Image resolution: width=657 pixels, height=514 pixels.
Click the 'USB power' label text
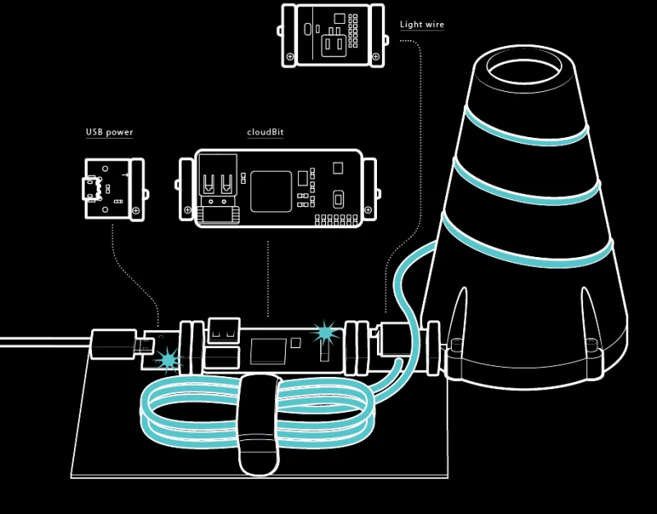tap(109, 132)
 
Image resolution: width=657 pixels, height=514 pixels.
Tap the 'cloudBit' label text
tap(265, 132)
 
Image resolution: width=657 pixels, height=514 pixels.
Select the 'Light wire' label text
tap(421, 25)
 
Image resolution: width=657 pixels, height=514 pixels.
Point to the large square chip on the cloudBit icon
tap(271, 191)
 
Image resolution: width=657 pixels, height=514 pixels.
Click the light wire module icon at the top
tap(333, 34)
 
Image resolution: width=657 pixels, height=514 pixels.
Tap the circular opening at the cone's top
tap(523, 65)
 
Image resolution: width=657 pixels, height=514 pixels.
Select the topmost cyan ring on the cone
tap(526, 127)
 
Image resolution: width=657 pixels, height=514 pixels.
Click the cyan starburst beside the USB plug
tap(168, 359)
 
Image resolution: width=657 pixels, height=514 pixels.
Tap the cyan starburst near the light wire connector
tap(326, 333)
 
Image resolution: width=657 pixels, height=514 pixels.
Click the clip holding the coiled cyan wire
tap(258, 423)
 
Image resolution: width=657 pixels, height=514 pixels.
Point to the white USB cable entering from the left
tap(41, 341)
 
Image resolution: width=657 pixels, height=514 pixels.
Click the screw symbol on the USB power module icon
tap(136, 211)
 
